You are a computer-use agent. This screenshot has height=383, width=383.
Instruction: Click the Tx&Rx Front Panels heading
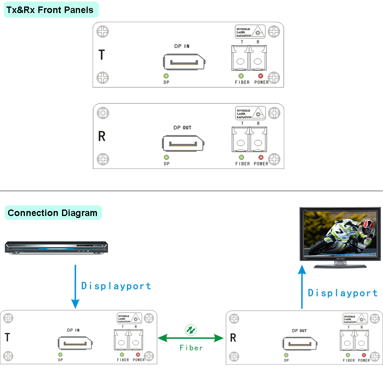(x=50, y=10)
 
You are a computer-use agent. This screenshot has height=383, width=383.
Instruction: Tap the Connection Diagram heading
(x=52, y=213)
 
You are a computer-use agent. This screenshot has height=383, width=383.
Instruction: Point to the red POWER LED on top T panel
(x=261, y=76)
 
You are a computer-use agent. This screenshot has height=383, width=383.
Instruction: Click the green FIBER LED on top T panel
(x=241, y=76)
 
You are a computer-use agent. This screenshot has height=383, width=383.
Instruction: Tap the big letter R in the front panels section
(x=102, y=136)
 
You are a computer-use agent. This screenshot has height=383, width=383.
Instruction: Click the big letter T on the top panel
(x=101, y=55)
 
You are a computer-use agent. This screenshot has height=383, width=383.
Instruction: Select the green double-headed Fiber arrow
(x=191, y=338)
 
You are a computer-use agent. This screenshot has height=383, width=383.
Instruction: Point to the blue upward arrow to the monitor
(x=302, y=287)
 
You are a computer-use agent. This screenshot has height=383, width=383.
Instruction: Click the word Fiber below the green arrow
(x=191, y=348)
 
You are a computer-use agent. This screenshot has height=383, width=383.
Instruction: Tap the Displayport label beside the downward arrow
(x=116, y=286)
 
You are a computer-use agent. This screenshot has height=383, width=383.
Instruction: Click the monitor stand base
(x=339, y=265)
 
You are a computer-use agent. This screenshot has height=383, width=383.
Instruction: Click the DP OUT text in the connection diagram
(x=299, y=331)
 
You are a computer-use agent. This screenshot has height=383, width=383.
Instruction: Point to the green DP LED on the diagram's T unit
(x=61, y=355)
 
